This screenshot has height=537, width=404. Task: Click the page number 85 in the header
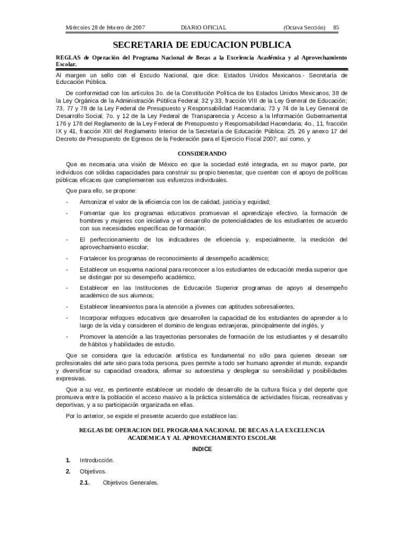pyautogui.click(x=336, y=27)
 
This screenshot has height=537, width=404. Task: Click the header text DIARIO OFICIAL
pyautogui.click(x=204, y=27)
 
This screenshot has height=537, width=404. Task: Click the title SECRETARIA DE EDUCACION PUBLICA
pyautogui.click(x=201, y=45)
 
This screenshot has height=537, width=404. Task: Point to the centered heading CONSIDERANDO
pyautogui.click(x=202, y=154)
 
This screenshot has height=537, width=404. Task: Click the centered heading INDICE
pyautogui.click(x=202, y=449)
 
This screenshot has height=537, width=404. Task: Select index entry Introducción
pyautogui.click(x=97, y=460)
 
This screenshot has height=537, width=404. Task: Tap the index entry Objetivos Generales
pyautogui.click(x=131, y=482)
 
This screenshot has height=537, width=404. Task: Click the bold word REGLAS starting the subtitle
pyautogui.click(x=68, y=57)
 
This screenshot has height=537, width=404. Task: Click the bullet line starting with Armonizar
pyautogui.click(x=175, y=202)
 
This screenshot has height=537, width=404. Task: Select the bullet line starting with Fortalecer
pyautogui.click(x=174, y=258)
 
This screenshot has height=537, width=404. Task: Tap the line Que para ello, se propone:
pyautogui.click(x=101, y=190)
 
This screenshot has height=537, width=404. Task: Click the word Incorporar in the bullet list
pyautogui.click(x=94, y=318)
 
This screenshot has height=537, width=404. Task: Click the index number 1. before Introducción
pyautogui.click(x=68, y=460)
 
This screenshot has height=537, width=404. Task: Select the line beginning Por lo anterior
pyautogui.click(x=152, y=416)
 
